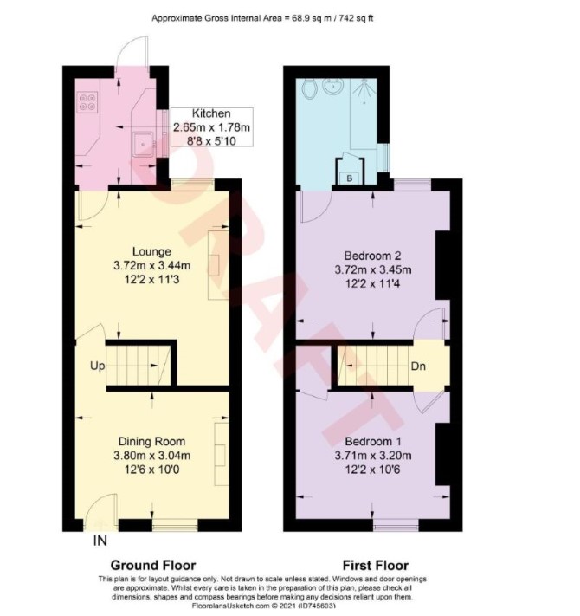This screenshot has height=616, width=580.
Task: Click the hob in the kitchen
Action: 88,101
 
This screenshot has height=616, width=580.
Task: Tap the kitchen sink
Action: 143,144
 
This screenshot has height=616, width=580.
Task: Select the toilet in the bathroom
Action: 311,88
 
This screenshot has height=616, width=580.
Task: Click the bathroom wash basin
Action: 332,87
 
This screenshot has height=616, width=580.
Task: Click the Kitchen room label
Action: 211,113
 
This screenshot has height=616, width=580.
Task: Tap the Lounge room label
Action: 151,251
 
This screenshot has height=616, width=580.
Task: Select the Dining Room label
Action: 151,442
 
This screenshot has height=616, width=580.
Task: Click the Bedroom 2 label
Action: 372,256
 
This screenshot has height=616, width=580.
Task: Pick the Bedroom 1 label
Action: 372,442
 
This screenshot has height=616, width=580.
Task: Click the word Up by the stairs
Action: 97,366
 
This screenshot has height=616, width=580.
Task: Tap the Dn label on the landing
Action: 418,366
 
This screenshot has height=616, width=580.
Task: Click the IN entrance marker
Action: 100,541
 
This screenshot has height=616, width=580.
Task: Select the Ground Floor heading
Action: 153,566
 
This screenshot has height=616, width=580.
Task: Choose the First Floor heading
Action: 376,566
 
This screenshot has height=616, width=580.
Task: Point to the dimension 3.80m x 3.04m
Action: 151,456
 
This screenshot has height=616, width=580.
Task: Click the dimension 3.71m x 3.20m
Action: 373,456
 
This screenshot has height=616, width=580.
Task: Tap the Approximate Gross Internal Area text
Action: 262,18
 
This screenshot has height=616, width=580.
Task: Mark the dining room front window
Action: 175,525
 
